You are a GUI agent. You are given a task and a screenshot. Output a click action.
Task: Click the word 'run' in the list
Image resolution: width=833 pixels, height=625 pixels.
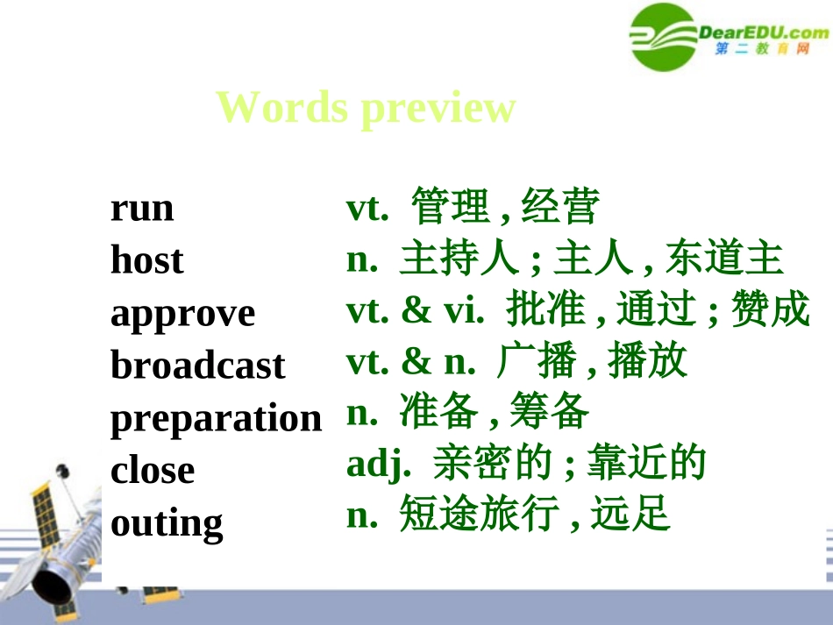[x=142, y=210]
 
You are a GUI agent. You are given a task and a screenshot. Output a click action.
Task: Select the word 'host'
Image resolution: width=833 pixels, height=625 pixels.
[x=146, y=260]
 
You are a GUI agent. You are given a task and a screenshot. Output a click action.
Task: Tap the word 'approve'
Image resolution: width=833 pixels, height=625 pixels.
[x=182, y=314]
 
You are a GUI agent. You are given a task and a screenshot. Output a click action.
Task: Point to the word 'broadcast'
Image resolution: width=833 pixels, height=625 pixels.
[x=197, y=366]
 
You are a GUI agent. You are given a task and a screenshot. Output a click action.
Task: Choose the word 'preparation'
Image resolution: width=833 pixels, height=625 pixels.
[x=216, y=418]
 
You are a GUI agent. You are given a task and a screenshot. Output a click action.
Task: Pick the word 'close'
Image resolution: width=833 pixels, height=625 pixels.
[x=153, y=470]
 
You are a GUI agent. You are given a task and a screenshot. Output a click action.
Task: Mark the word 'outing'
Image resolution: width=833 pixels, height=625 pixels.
[x=167, y=523]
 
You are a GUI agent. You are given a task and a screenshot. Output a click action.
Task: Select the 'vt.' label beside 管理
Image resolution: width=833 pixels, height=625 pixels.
[x=367, y=208]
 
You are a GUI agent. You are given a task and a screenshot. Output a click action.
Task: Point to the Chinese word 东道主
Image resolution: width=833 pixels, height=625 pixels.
[x=723, y=259]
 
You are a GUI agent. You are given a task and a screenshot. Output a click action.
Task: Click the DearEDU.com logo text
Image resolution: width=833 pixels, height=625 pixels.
[x=763, y=32]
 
